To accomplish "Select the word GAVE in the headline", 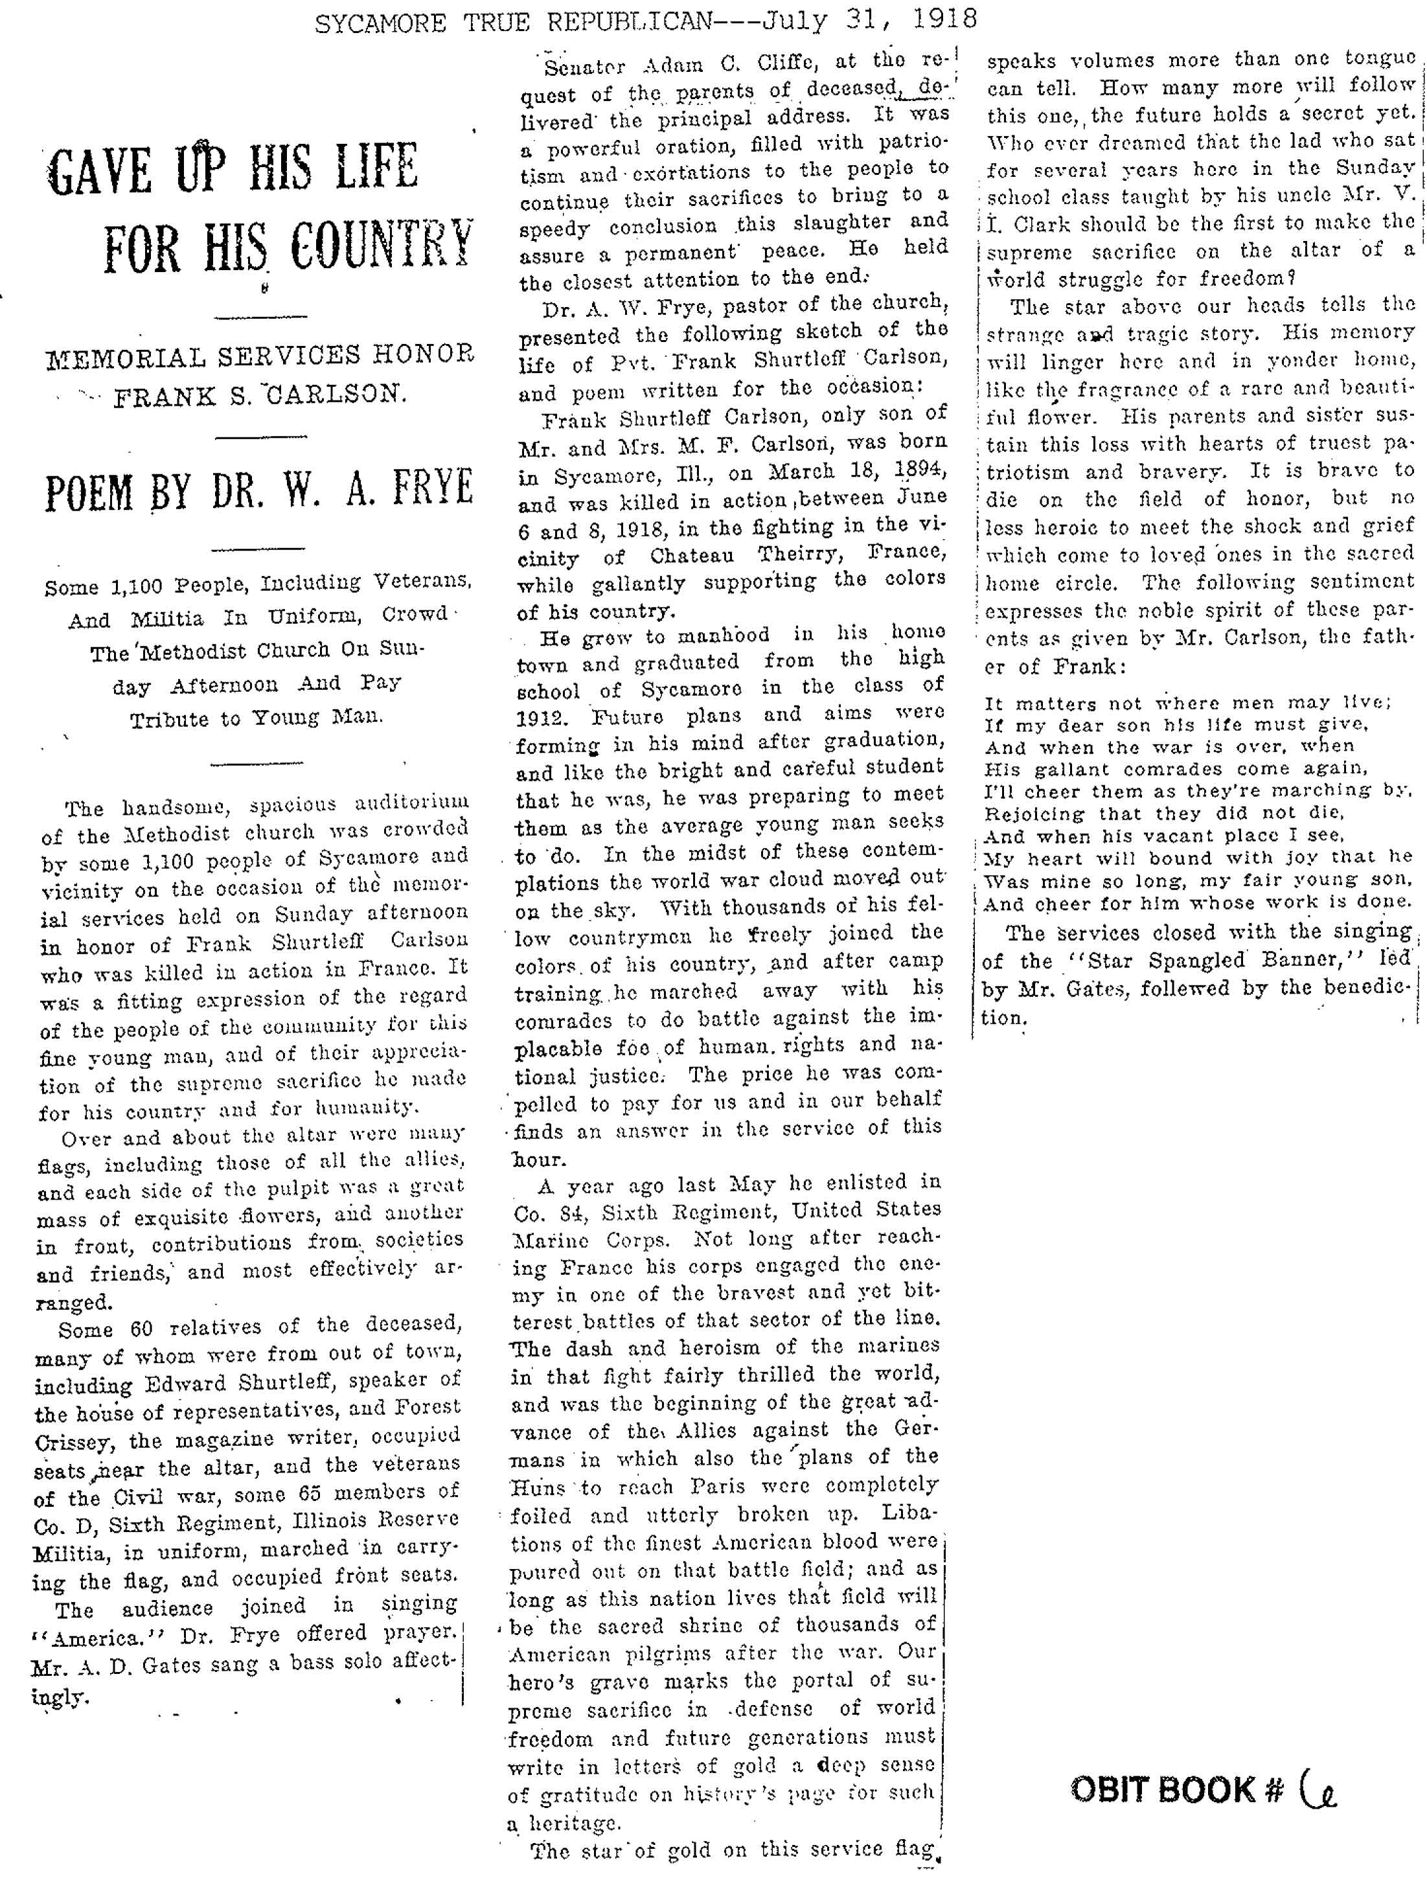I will point(98,172).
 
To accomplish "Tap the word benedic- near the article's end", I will point(1359,989).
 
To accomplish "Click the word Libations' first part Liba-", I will point(911,1515).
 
